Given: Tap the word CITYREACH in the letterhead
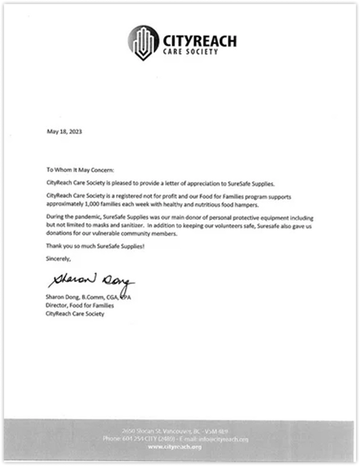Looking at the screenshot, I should [199, 41].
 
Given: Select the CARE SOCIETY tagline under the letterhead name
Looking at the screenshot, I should [190, 52].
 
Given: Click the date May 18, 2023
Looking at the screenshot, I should [64, 132].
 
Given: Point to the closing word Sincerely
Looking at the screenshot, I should [58, 259].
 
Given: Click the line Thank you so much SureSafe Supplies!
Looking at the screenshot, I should [95, 246].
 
